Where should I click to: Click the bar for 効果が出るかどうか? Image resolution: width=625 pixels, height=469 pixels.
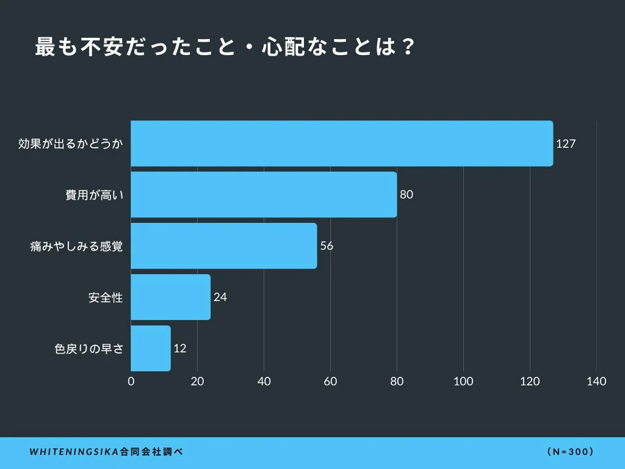point(342,144)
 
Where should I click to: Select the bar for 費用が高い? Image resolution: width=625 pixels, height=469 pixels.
point(264,195)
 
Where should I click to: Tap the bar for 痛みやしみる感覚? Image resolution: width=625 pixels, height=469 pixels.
point(224,246)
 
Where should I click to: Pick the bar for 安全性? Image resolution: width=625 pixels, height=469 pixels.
point(171,297)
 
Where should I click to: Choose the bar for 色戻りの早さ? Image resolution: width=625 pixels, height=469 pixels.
point(151,349)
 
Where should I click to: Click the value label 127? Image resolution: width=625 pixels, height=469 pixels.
point(566,144)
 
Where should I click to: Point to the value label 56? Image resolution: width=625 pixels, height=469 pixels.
point(327,247)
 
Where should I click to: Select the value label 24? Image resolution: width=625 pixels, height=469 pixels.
point(220,298)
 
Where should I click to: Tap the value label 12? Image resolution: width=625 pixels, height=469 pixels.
point(180,349)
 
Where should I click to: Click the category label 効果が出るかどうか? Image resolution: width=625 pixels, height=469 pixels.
point(71,144)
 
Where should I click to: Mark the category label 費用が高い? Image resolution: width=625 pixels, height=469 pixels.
point(95,195)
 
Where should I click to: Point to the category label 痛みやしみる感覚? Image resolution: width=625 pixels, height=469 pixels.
point(77,247)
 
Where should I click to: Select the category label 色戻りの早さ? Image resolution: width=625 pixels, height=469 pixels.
point(89,349)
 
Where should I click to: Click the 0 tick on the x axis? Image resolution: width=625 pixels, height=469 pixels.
point(131,382)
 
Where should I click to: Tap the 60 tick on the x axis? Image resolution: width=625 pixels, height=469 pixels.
point(330,382)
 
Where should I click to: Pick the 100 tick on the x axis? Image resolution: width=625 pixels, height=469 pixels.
point(463,382)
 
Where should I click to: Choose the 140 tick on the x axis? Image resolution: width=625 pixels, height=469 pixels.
point(596,382)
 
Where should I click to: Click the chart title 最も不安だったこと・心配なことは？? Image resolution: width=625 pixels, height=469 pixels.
point(225,48)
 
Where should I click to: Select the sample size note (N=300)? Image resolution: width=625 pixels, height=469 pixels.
point(571,453)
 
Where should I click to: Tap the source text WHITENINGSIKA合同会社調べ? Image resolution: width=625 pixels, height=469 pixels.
point(106,453)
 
